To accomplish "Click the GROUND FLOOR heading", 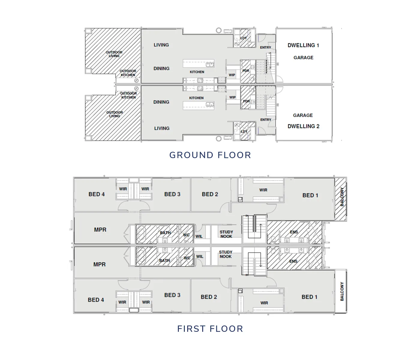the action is coord(210,155).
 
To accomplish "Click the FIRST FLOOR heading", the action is coord(210,329).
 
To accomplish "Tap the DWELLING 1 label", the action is coord(303,45).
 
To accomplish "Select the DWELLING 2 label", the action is coord(303,126).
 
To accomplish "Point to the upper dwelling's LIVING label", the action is coord(161,45).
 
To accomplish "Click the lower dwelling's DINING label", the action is coord(161,102).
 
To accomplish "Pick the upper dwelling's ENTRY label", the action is coord(265,47).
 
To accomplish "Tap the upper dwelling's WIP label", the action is coord(232,75).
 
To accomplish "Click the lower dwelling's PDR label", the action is coord(246,101).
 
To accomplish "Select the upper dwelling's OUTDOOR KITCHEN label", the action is coord(128,73).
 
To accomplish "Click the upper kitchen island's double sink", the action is coord(210,64).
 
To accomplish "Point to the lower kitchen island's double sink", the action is coord(210,104).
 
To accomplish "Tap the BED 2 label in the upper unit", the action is coord(210,194).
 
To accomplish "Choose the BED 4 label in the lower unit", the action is coord(96,300).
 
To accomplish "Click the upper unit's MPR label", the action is coord(100,230).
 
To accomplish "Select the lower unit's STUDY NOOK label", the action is coord(226,254).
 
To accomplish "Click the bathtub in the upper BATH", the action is coord(141,234).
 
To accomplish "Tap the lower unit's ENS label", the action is coord(293,261).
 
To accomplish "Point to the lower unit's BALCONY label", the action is coord(342,291).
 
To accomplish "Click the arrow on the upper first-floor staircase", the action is coord(261,228).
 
